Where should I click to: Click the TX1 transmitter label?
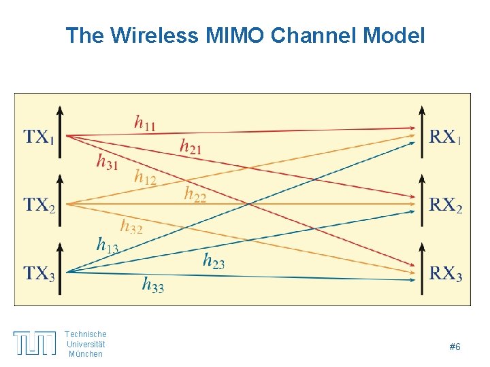tap(39, 137)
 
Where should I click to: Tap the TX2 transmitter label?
tap(39, 204)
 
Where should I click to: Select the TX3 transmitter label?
tap(39, 273)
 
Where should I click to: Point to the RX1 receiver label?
tap(445, 137)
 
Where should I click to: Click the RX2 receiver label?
tap(446, 204)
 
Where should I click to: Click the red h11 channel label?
tap(144, 123)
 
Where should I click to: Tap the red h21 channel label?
tap(191, 145)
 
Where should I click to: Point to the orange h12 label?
tap(145, 178)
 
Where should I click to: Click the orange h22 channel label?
tap(195, 194)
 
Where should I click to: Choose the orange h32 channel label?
tap(131, 226)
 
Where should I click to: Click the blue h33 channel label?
tap(152, 284)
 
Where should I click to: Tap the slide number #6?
tap(455, 347)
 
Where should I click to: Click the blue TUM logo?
tap(35, 343)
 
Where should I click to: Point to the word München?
tap(86, 354)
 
